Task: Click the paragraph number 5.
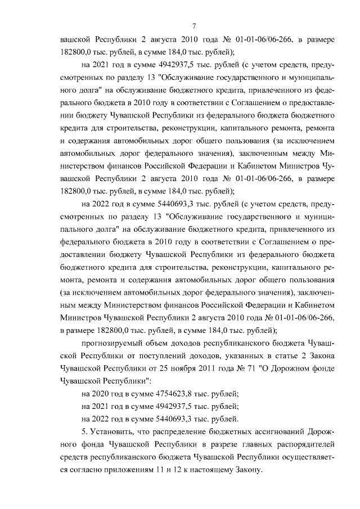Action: pyautogui.click(x=84, y=431)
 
